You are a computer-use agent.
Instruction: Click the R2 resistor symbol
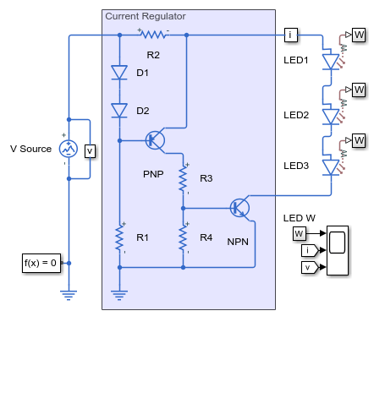[154, 35]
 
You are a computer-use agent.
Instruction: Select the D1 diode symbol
[119, 73]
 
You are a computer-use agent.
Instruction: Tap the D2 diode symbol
[119, 110]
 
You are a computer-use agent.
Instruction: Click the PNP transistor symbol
[155, 140]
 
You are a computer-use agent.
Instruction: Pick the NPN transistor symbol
[239, 208]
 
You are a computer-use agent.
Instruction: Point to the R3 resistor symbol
[183, 178]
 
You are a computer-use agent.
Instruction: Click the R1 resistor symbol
[119, 237]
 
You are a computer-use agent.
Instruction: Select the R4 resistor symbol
[183, 237]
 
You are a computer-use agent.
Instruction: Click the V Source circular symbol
[69, 149]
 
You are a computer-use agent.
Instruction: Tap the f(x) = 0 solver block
[41, 263]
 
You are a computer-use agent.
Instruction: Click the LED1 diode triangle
[331, 62]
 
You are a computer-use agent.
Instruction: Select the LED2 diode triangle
[331, 117]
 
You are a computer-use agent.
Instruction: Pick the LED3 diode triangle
[331, 167]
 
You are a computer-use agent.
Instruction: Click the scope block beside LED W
[338, 250]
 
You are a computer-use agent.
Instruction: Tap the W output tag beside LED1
[359, 35]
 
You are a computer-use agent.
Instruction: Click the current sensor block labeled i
[291, 35]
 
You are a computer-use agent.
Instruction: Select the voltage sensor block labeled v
[90, 151]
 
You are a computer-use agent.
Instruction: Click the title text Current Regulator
[146, 16]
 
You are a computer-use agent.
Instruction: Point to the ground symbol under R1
[119, 295]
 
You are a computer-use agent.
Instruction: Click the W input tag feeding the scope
[300, 233]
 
